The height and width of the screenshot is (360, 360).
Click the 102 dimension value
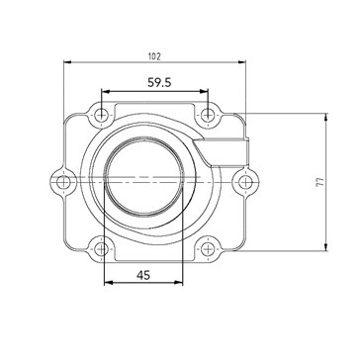click(x=154, y=56)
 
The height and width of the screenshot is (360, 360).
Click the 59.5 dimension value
click(x=159, y=82)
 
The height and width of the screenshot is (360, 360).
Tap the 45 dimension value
click(x=143, y=275)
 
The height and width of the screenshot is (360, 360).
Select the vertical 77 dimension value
click(x=320, y=182)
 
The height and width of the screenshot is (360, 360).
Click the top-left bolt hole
click(x=101, y=116)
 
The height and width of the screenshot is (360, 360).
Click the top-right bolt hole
click(x=208, y=115)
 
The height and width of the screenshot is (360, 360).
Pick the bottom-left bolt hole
click(x=101, y=249)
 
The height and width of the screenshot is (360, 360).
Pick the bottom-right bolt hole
click(x=208, y=249)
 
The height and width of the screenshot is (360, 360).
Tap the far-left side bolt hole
click(x=63, y=182)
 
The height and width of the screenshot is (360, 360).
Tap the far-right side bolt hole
click(x=245, y=182)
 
